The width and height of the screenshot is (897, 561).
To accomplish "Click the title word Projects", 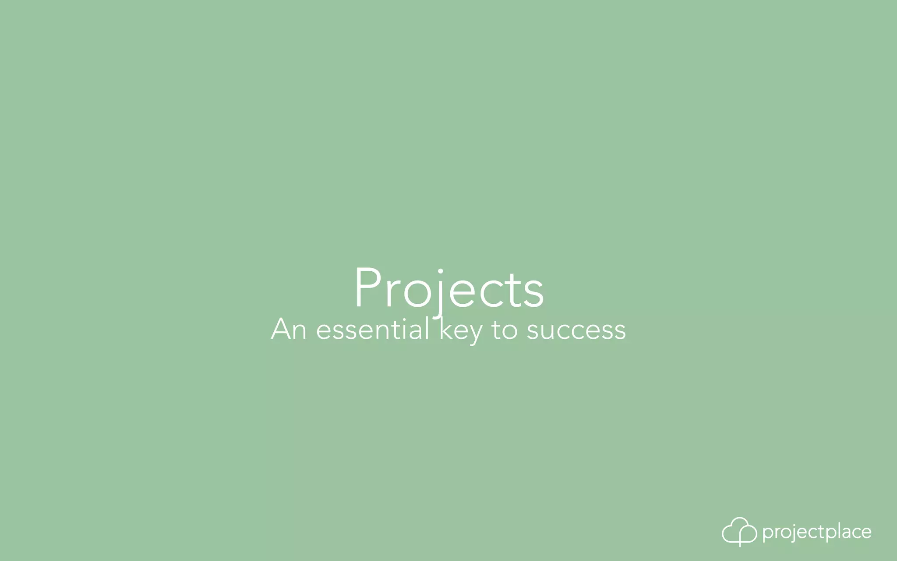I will point(449,289).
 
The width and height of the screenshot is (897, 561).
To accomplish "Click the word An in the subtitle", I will point(289,329).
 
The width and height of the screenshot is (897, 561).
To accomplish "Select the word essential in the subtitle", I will point(373,329).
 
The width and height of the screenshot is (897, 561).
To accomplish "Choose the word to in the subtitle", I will point(505,330).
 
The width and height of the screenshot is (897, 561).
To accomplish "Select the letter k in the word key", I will point(446,329).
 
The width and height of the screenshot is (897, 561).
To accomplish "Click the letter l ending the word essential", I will point(427,329).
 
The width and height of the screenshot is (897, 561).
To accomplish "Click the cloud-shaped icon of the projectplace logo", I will point(739,531).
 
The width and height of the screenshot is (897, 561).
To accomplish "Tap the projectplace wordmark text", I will point(817,532).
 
